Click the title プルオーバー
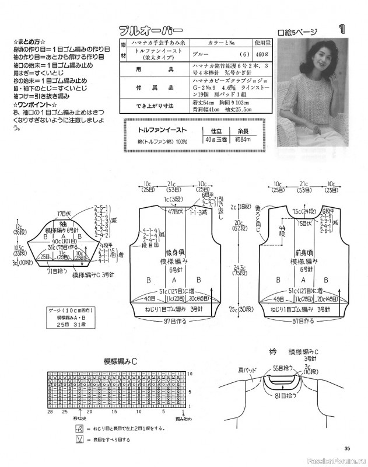[x=150, y=30]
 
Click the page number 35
[x=347, y=448]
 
